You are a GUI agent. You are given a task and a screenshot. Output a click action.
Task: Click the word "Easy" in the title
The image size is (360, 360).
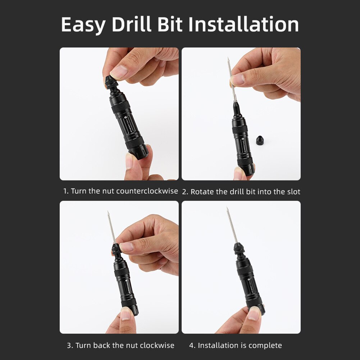(83, 25)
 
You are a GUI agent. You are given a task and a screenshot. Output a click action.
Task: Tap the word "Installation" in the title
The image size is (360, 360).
(244, 24)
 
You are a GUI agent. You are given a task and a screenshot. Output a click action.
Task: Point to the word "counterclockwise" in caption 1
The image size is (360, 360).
(147, 191)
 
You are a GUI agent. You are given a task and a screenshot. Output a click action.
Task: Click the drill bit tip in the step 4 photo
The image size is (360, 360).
(227, 209)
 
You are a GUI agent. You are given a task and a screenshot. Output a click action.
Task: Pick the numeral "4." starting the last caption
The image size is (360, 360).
(192, 345)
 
